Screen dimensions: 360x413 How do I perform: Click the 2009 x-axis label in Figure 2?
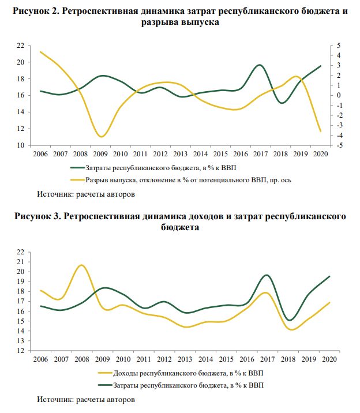coord(100,154)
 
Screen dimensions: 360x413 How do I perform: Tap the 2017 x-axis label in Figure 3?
coord(267,359)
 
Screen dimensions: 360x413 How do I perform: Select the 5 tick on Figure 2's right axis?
coord(339,46)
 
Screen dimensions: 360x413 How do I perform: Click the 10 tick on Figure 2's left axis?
coord(21,145)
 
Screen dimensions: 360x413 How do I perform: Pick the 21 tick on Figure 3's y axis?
coord(21,262)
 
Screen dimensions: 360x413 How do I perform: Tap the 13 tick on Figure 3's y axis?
coord(21,341)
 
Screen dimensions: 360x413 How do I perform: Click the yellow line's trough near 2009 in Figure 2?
coord(101,137)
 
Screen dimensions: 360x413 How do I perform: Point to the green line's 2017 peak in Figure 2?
coord(260,65)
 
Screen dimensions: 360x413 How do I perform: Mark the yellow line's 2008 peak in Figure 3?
coord(81,265)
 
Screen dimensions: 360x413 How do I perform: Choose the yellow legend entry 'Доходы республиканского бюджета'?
coord(181,373)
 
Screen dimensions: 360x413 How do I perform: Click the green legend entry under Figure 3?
coord(181,385)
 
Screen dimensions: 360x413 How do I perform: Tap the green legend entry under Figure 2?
coord(153,168)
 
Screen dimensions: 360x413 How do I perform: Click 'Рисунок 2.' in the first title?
coord(36,11)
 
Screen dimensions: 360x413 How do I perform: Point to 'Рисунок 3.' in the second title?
coord(38,216)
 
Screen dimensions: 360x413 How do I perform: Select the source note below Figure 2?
coord(86,194)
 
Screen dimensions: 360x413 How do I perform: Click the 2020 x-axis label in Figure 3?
coord(329,359)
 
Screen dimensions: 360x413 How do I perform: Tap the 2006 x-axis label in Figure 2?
coord(40,154)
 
